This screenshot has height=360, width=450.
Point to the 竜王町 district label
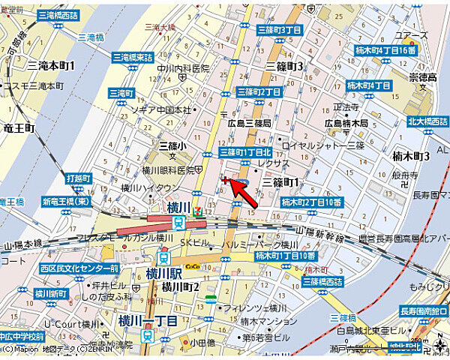(19, 128)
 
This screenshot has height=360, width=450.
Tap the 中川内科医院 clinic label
(181, 69)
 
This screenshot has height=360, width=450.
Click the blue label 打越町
(78, 178)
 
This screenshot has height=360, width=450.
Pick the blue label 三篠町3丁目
(279, 30)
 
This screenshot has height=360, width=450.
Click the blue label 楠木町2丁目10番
(311, 202)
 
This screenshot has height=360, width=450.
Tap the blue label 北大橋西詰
(427, 121)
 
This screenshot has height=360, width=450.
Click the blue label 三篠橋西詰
(322, 281)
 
